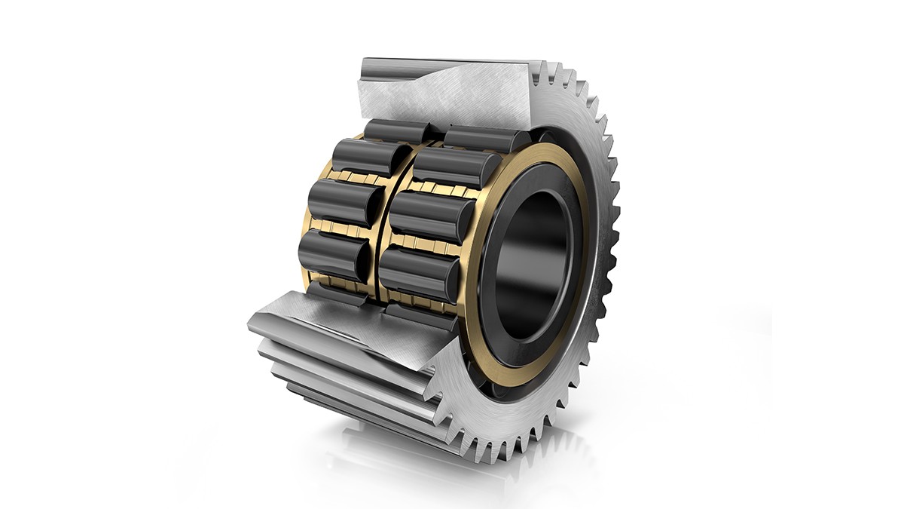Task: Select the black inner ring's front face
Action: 493,317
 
